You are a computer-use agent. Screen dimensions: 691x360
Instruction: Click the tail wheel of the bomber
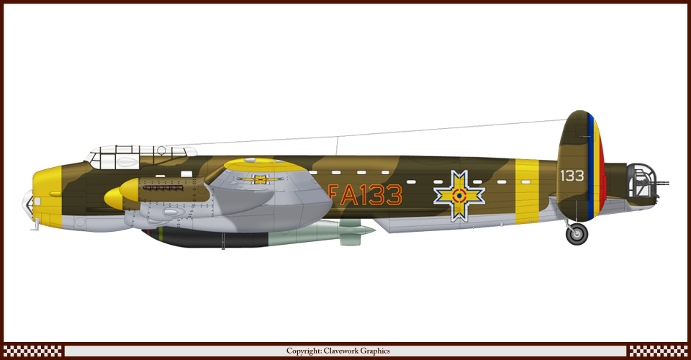(577, 234)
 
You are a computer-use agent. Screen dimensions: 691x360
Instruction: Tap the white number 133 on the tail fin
(572, 176)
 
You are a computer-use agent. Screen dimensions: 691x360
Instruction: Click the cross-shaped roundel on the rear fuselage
(459, 195)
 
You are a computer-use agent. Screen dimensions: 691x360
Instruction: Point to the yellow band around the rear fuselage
(527, 192)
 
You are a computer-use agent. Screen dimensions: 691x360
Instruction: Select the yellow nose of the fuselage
(48, 197)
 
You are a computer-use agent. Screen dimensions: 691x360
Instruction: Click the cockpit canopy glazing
(141, 157)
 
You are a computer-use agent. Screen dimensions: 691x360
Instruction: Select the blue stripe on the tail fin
(590, 168)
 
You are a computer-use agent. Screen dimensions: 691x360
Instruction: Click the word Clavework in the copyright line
(341, 351)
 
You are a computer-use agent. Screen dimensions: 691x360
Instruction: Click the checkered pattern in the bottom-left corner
(32, 351)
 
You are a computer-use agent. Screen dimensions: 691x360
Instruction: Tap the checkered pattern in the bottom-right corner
(658, 351)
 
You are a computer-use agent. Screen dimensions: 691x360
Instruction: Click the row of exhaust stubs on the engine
(163, 188)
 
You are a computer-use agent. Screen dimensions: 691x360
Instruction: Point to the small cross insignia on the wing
(260, 179)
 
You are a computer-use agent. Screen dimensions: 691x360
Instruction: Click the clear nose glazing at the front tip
(27, 205)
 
